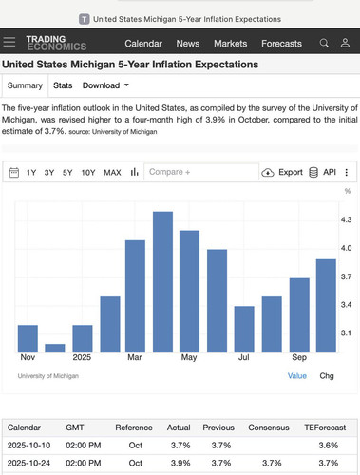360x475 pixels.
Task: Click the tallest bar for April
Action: (162, 282)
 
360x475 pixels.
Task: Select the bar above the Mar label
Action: (135, 296)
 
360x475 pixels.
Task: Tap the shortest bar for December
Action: (55, 348)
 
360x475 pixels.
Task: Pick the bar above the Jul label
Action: (244, 330)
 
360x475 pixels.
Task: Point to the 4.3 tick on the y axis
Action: (346, 219)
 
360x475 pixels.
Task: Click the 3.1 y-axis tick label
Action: (346, 332)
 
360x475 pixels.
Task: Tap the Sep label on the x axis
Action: (299, 357)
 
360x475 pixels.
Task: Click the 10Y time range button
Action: (88, 173)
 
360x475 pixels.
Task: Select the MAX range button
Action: (112, 173)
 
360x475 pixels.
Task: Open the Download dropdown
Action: (105, 85)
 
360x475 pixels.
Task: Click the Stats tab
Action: (63, 85)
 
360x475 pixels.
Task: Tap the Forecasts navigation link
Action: (281, 44)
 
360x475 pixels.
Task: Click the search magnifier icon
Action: (324, 43)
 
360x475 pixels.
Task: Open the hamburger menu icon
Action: (9, 42)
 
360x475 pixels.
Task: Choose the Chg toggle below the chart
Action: (327, 376)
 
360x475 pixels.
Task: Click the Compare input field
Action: (201, 172)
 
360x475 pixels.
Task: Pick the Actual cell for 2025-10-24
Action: (180, 463)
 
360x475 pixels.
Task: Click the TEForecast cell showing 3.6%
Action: (329, 446)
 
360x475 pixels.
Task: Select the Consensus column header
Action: (269, 427)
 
